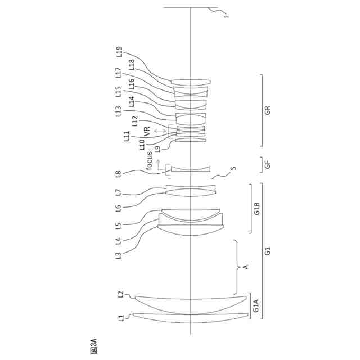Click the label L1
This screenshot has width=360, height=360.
(120, 318)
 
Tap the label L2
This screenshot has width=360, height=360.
(120, 294)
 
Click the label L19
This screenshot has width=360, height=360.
(119, 52)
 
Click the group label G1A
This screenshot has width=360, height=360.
(256, 307)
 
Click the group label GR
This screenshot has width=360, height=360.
(267, 110)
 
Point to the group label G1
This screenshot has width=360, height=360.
(267, 251)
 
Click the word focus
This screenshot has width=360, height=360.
(150, 160)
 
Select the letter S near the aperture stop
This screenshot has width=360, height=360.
(233, 168)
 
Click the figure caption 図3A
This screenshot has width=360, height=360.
(93, 345)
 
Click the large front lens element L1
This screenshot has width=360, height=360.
(191, 318)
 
